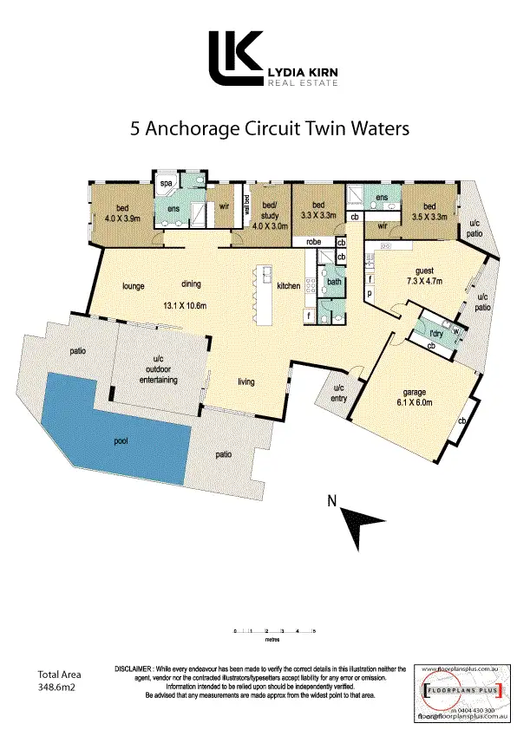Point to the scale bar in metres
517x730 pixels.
click(x=274, y=633)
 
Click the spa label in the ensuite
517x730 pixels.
click(x=164, y=184)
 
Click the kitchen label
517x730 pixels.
click(x=288, y=285)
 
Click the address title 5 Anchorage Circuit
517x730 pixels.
click(x=268, y=129)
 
